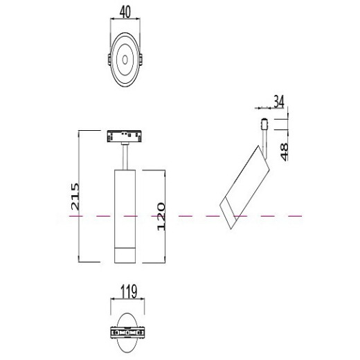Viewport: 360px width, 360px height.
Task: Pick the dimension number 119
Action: click(x=126, y=291)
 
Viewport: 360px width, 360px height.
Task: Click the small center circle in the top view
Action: click(x=126, y=62)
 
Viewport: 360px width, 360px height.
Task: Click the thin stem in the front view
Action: click(x=125, y=155)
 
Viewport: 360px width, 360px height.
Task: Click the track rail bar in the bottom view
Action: click(x=126, y=335)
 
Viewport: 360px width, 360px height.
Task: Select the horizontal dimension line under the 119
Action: click(x=126, y=300)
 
